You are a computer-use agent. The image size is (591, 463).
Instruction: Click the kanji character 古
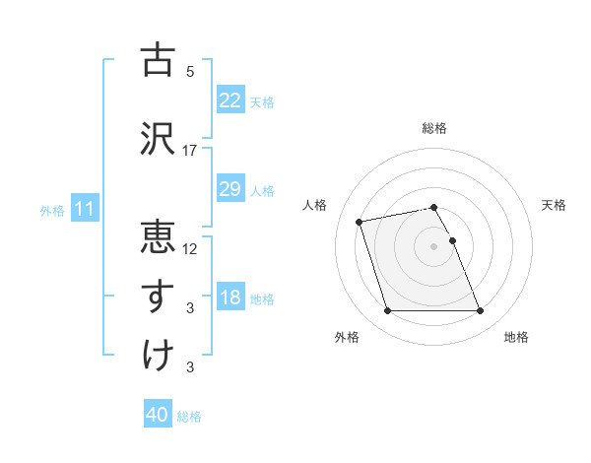(x=159, y=60)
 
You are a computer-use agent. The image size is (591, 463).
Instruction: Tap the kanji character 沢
(x=159, y=138)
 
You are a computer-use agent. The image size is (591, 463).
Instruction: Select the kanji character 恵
(x=159, y=236)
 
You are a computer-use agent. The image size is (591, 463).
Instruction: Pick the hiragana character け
(x=159, y=356)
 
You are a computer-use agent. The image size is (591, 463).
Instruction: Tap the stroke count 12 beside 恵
(x=190, y=248)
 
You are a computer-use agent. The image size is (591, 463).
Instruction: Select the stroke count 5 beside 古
(x=190, y=72)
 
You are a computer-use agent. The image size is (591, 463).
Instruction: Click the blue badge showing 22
(x=230, y=100)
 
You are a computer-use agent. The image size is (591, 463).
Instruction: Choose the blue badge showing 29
(x=230, y=189)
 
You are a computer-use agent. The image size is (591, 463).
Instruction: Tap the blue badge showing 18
(x=230, y=298)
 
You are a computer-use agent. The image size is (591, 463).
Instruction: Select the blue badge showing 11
(x=84, y=209)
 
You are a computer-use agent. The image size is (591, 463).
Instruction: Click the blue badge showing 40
(x=158, y=416)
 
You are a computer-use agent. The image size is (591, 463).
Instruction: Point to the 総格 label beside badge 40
(x=189, y=417)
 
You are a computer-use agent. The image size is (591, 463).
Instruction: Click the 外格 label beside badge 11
(x=52, y=210)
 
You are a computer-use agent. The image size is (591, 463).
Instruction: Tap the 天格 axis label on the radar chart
(x=554, y=205)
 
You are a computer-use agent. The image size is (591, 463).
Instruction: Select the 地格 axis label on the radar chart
(x=516, y=337)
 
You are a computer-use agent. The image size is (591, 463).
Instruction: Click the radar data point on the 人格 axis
(x=360, y=221)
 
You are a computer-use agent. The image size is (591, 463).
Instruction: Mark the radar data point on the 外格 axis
(x=387, y=311)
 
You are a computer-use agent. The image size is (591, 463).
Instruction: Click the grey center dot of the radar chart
(x=433, y=246)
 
